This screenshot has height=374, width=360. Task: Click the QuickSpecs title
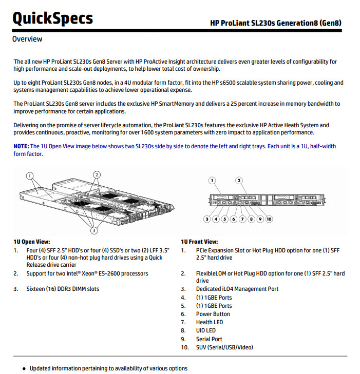click(x=52, y=18)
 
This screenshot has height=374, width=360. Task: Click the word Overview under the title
click(x=27, y=39)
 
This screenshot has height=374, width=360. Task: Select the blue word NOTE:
click(x=21, y=146)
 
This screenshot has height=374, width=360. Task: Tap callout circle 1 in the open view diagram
click(x=30, y=176)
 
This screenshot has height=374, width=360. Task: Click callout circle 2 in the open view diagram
click(x=97, y=175)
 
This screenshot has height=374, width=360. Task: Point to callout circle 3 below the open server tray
click(x=94, y=230)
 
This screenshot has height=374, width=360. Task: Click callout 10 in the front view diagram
click(x=269, y=219)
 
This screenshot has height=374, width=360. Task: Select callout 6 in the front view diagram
click(x=234, y=219)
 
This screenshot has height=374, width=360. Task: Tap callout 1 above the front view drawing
click(x=212, y=180)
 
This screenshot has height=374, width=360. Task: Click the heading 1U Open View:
click(x=32, y=242)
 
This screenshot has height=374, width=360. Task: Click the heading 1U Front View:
click(x=199, y=242)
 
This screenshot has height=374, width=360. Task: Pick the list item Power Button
click(x=213, y=314)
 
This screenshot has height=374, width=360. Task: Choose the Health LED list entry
click(x=210, y=322)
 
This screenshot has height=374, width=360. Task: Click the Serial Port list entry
click(x=209, y=339)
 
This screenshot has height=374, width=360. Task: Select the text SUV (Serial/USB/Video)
click(x=224, y=347)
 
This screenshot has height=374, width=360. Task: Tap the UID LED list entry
click(x=206, y=330)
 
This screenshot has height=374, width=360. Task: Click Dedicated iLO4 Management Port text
click(x=237, y=289)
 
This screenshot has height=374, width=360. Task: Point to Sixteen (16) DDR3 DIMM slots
click(x=63, y=289)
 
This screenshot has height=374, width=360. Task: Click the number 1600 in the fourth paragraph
click(x=147, y=132)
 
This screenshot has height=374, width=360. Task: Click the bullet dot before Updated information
click(x=24, y=369)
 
